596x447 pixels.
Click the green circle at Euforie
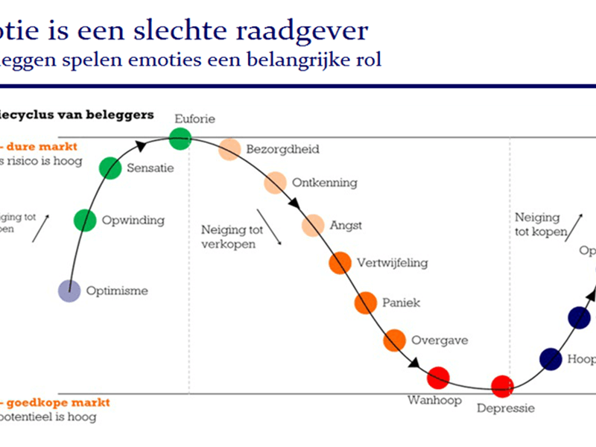pos(180,138)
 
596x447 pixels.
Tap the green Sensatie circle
pos(110,168)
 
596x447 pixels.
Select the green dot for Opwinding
pos(86,220)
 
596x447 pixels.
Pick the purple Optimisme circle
pos(69,291)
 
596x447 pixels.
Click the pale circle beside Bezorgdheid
pos(229,150)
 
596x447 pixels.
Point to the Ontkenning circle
pos(276,183)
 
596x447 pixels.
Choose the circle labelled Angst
pos(314,225)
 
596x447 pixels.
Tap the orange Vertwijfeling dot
pos(340,262)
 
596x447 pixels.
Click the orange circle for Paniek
pos(365,302)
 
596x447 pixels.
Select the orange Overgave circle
pos(394,340)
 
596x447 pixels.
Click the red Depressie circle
pos(503,385)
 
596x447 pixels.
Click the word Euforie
pos(194,118)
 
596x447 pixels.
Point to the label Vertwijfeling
pos(392,262)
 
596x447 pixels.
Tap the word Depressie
pos(505,408)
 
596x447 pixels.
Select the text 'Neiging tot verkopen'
pos(229,237)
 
